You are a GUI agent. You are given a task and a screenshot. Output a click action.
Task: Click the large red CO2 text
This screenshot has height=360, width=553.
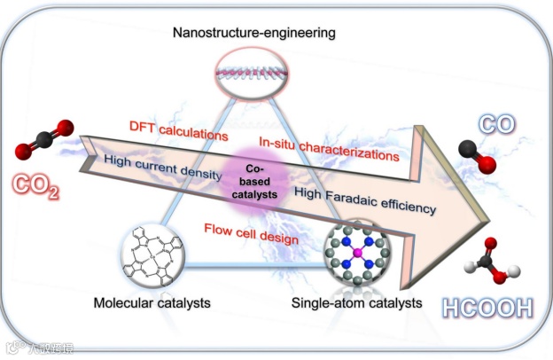(35, 187)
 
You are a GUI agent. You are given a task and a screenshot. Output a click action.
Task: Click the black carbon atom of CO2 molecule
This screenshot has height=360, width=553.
(41, 138)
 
